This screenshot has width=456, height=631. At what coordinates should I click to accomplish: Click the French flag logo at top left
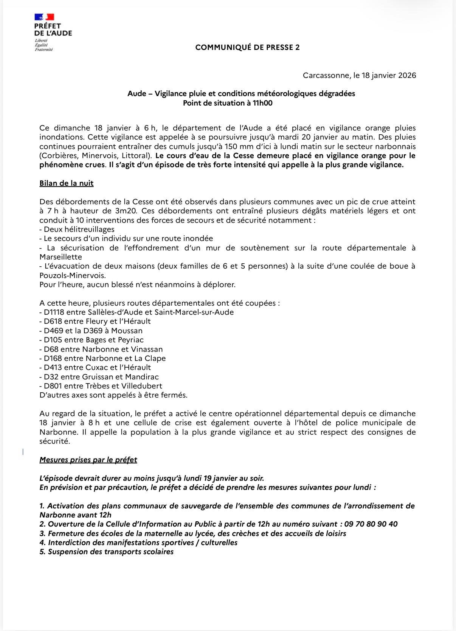coord(44,17)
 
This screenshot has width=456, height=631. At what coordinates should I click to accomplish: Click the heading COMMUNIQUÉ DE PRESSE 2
coord(247,47)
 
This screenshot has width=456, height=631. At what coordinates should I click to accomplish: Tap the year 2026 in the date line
coord(405,75)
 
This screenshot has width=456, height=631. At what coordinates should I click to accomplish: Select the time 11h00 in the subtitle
coord(263,103)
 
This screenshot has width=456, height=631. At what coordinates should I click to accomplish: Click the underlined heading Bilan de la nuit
coord(67,183)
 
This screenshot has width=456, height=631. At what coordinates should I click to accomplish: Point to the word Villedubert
coord(142,386)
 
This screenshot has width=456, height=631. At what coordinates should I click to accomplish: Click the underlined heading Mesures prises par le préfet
coord(88,460)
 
